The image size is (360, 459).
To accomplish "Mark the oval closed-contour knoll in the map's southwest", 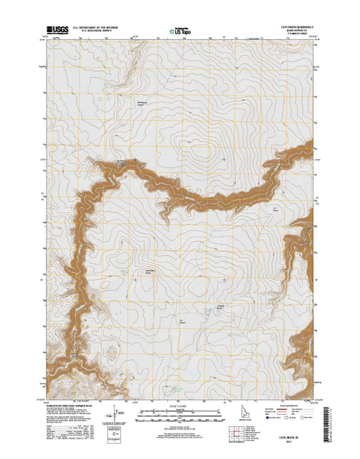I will tap(112, 352).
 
